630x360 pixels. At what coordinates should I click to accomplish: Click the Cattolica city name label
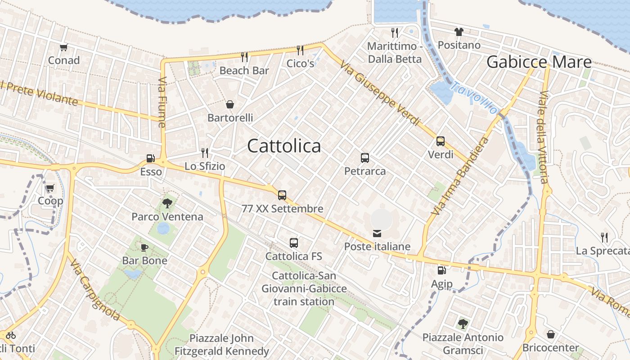[x=284, y=146]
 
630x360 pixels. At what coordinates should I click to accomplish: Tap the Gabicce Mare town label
[x=539, y=62]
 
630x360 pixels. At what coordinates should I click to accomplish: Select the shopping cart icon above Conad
[x=63, y=47]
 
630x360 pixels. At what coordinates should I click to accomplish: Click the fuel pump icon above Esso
[x=150, y=158]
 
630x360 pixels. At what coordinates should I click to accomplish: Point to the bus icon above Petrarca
[x=365, y=158]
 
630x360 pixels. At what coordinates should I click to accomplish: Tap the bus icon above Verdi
[x=441, y=141]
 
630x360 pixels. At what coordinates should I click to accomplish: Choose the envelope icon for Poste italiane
[x=377, y=233]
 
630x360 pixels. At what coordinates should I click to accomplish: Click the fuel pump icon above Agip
[x=442, y=270]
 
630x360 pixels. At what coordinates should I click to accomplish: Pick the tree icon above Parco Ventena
[x=167, y=203]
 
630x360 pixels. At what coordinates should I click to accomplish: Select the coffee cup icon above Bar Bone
[x=144, y=247]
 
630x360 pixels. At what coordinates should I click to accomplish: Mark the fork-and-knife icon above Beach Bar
[x=244, y=57]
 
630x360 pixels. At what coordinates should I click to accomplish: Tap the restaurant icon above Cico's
[x=300, y=50]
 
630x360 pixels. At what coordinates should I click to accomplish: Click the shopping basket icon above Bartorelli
[x=230, y=104]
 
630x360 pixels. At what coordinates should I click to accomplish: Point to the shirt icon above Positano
[x=459, y=31]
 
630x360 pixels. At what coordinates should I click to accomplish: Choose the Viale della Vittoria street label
[x=544, y=137]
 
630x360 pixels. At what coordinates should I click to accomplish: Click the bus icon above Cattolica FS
[x=294, y=243]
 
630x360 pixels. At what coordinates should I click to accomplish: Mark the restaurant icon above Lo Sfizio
[x=205, y=153]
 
